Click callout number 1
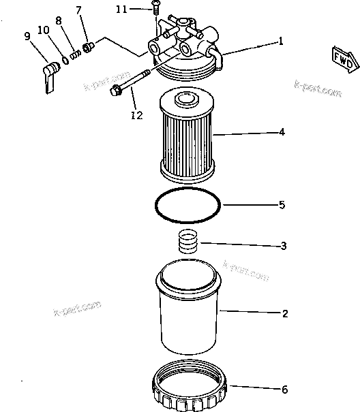(x=280, y=41)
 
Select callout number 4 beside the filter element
(x=282, y=133)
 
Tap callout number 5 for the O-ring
(x=282, y=204)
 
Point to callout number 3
(x=284, y=245)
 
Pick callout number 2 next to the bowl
(x=284, y=314)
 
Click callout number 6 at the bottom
(x=284, y=390)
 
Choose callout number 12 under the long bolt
(x=136, y=115)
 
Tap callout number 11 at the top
(x=121, y=10)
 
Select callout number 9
(x=28, y=36)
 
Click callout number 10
(x=43, y=30)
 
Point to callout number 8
(x=59, y=22)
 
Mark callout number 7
(x=78, y=10)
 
